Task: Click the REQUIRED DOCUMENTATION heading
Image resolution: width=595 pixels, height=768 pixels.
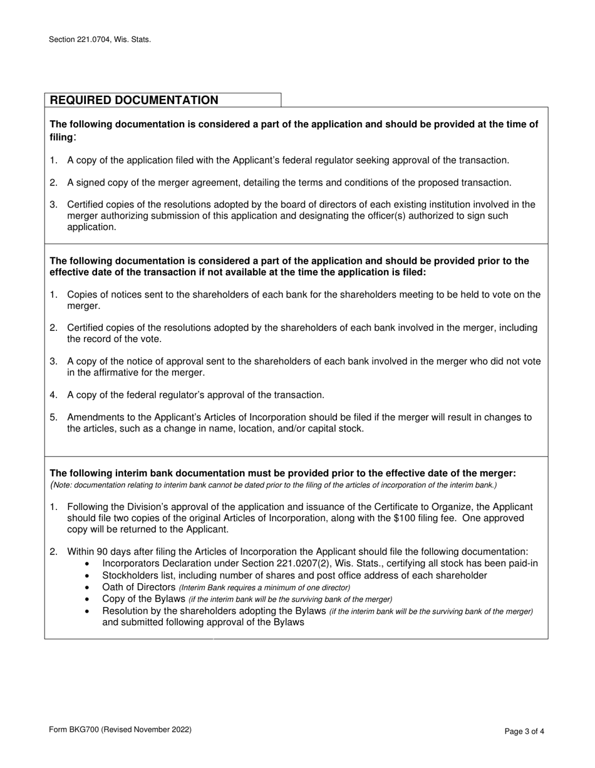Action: pyautogui.click(x=134, y=100)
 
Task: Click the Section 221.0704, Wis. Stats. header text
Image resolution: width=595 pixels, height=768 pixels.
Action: pyautogui.click(x=100, y=39)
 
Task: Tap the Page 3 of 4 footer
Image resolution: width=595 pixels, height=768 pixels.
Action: pyautogui.click(x=524, y=730)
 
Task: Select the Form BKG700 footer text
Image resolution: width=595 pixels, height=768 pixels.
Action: pyautogui.click(x=120, y=730)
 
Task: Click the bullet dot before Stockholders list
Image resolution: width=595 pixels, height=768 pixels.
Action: pyautogui.click(x=86, y=576)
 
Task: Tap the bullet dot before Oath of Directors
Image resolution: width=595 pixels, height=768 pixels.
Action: pyautogui.click(x=86, y=588)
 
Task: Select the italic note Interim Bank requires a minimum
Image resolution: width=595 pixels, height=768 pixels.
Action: pyautogui.click(x=264, y=588)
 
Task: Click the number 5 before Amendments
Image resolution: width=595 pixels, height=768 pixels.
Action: pyautogui.click(x=53, y=417)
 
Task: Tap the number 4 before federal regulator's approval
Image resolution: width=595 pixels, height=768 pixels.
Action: pyautogui.click(x=53, y=395)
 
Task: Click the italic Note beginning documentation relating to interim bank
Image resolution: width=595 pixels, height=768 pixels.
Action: pyautogui.click(x=274, y=485)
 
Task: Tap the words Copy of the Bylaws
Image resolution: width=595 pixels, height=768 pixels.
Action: pyautogui.click(x=143, y=599)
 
